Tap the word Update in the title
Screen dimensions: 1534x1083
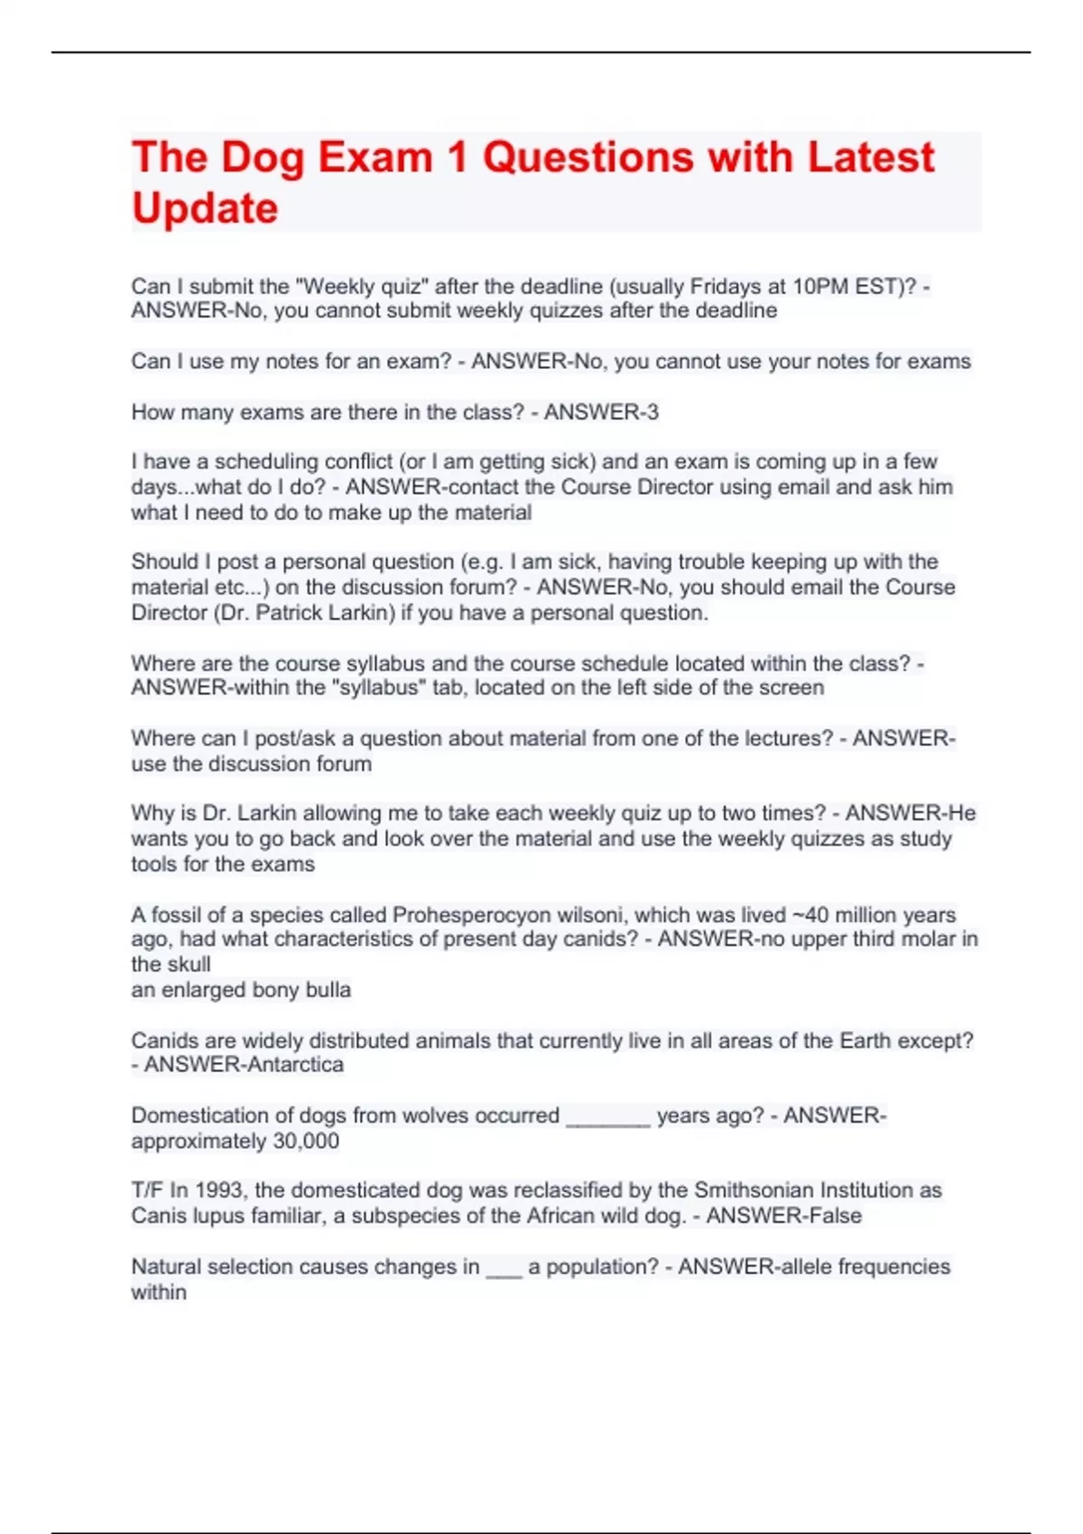coord(205,208)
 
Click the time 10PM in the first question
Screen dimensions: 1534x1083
coord(820,287)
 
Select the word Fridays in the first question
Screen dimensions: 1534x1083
coord(727,287)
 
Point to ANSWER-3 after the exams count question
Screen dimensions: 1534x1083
coord(601,412)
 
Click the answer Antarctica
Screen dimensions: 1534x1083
coord(294,1065)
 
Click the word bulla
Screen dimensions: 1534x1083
coord(327,990)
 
